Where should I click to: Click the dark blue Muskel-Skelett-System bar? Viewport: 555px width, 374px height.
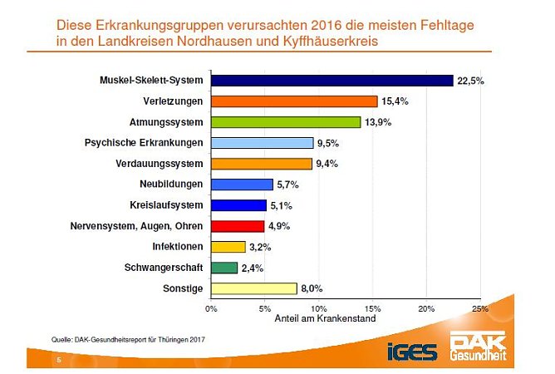(332, 81)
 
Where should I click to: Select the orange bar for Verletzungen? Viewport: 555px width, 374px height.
(294, 101)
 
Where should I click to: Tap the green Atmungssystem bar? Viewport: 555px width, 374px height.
(286, 122)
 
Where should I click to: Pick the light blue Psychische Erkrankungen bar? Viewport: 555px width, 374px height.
(262, 143)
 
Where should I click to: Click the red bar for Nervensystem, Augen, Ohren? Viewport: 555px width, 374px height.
(238, 226)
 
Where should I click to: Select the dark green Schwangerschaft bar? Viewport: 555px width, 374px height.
(224, 268)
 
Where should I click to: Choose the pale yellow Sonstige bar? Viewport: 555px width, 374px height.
(254, 288)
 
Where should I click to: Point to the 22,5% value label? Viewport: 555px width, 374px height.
(470, 81)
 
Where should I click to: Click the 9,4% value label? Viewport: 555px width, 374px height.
(328, 164)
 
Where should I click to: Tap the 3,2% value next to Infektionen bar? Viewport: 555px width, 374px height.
(262, 247)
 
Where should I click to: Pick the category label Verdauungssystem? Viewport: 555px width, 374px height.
(160, 164)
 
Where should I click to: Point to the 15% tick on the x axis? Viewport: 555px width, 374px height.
(372, 308)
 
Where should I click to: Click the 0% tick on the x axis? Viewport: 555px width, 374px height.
(211, 308)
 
